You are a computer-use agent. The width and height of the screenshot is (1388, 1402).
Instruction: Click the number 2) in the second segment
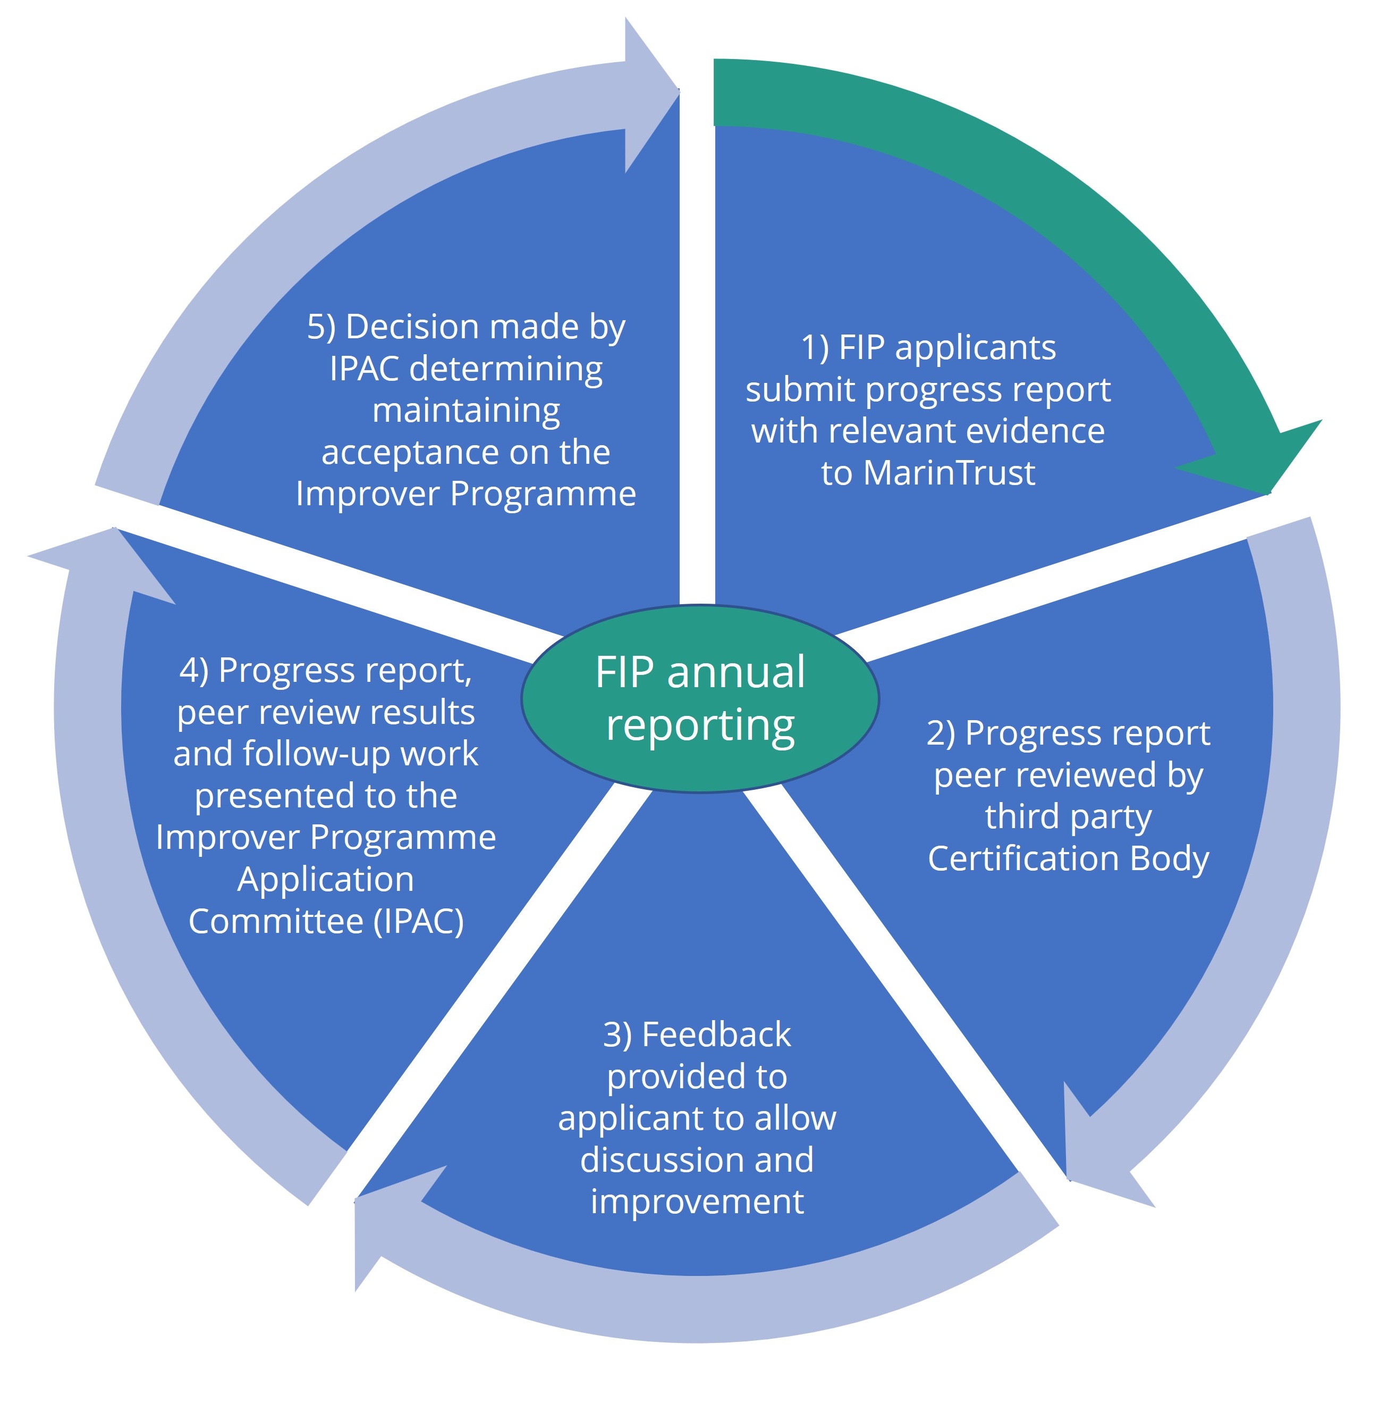(x=941, y=733)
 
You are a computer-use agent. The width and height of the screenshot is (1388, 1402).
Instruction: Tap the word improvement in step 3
(x=697, y=1201)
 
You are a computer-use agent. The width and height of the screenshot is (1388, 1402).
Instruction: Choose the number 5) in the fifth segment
(x=321, y=327)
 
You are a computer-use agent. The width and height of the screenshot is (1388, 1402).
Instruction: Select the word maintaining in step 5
(x=466, y=411)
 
